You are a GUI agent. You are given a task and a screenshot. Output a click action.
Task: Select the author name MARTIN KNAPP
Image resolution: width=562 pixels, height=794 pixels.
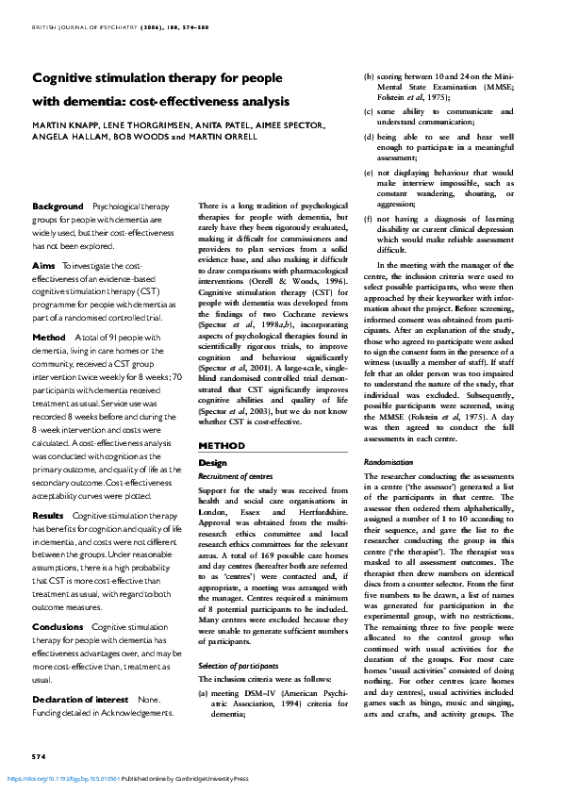pos(64,124)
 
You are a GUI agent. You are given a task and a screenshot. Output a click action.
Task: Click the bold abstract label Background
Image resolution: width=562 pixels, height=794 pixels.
pos(58,206)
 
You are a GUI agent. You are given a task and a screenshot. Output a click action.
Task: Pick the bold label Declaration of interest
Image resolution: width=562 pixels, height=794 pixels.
pos(80,699)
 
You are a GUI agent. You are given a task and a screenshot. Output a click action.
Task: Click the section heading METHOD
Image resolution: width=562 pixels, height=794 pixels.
pos(222,444)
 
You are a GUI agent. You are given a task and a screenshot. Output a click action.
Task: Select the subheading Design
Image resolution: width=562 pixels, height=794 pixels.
pos(213,463)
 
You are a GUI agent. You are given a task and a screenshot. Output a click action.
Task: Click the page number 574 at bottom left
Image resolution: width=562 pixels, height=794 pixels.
pos(39,758)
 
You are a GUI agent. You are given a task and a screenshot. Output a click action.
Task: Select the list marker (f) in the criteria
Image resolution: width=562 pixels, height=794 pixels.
pos(368,220)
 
